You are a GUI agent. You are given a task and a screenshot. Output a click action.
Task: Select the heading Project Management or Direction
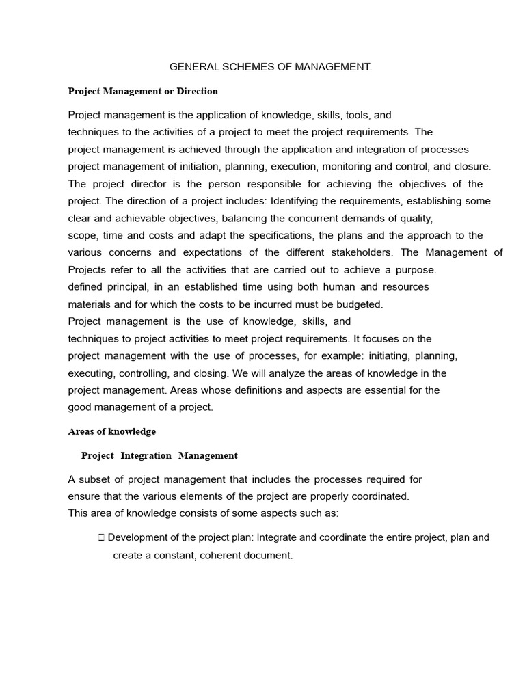click(143, 91)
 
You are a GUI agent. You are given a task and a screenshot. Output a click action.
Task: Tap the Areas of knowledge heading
click(112, 431)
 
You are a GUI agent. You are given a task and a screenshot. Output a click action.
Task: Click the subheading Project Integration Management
click(159, 455)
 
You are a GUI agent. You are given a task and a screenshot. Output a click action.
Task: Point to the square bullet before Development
click(101, 538)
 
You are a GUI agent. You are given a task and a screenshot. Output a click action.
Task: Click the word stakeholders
click(362, 252)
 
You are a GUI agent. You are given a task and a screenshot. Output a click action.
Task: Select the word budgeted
click(355, 304)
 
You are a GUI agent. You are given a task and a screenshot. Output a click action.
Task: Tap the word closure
click(472, 166)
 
